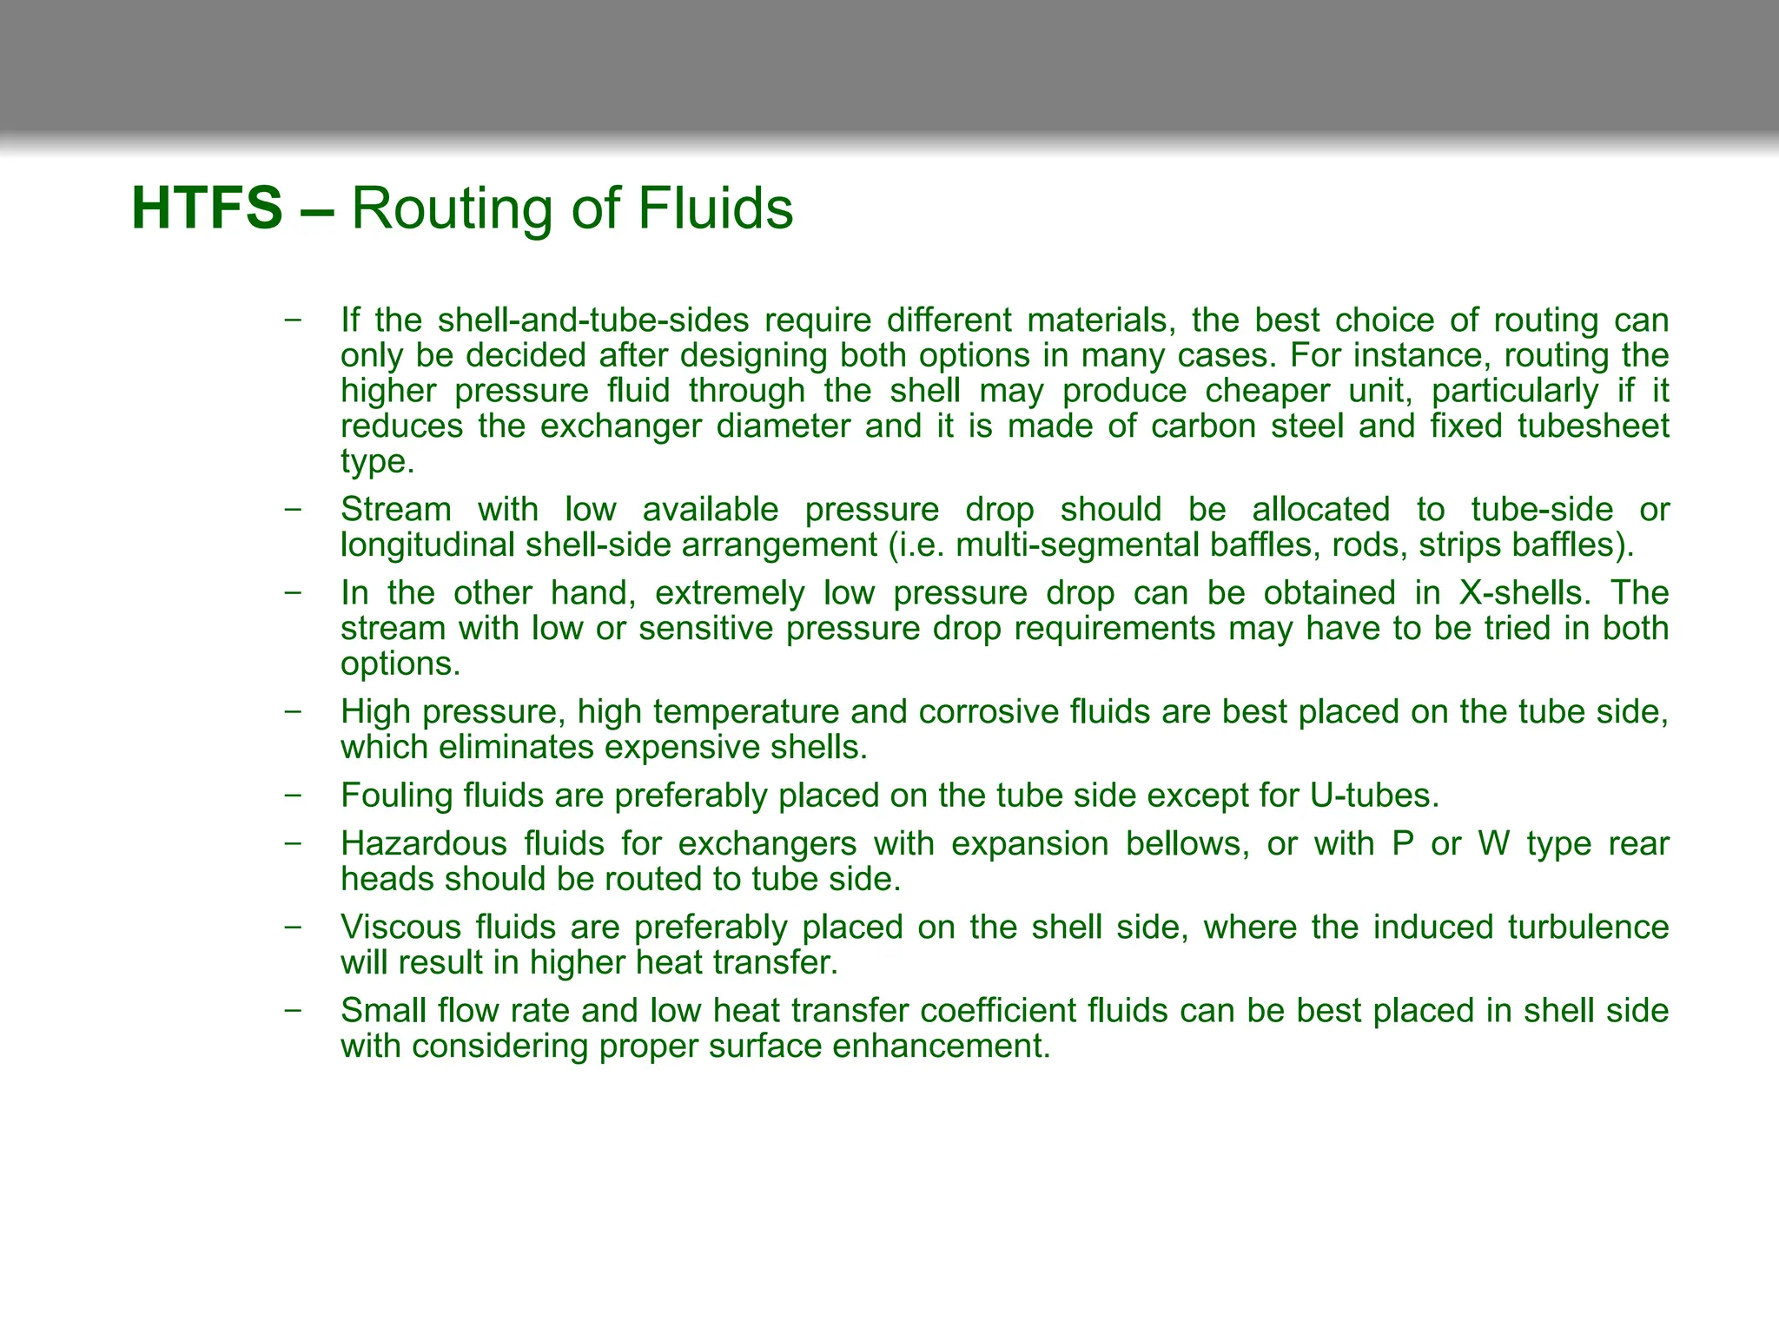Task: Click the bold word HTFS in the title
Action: tap(207, 208)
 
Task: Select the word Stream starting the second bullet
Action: tap(395, 510)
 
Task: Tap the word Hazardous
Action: tap(424, 844)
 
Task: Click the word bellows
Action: tap(1187, 844)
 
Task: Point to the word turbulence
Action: tap(1588, 928)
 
